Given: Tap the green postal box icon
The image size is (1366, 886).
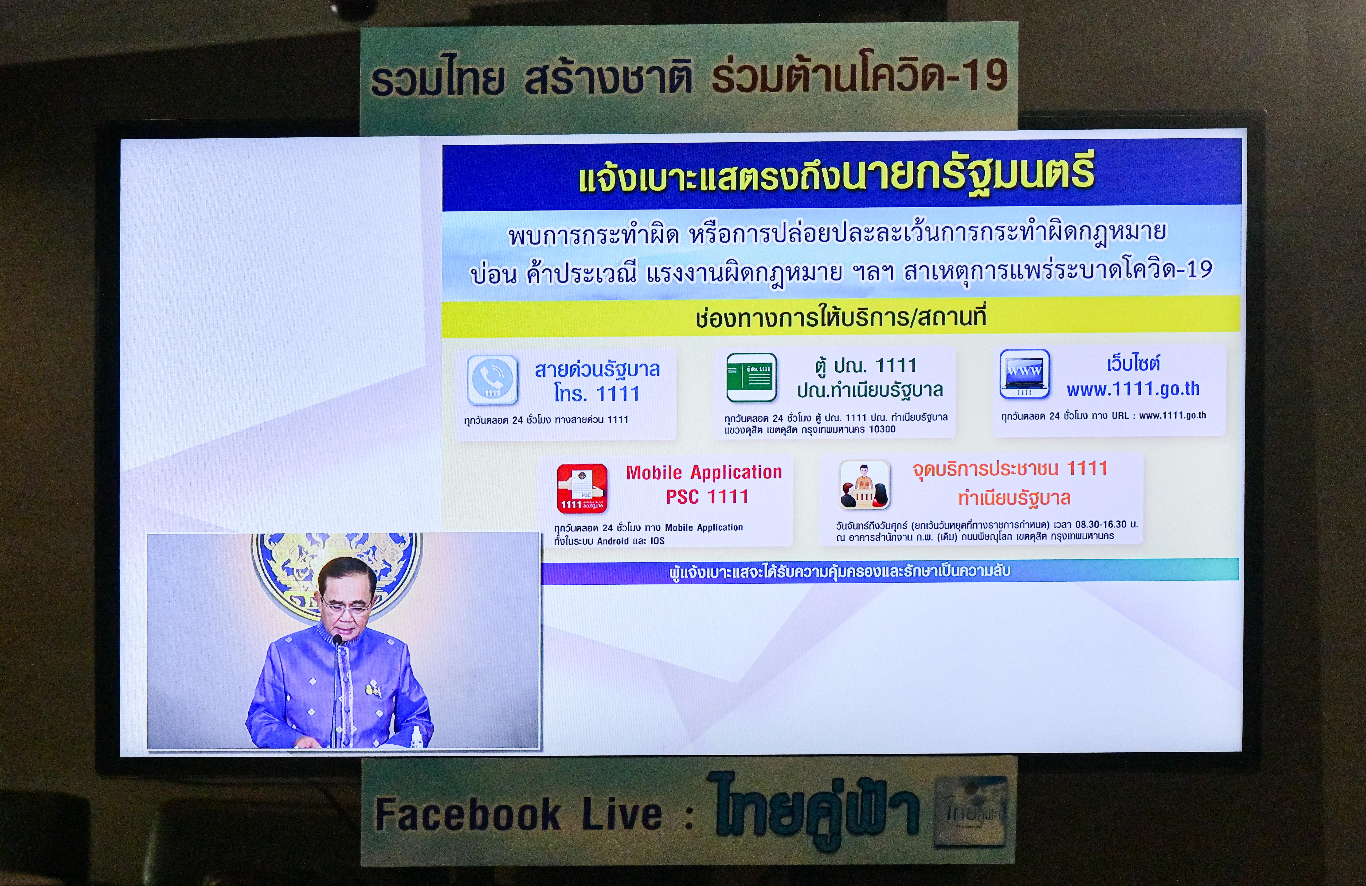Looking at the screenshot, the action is (x=751, y=377).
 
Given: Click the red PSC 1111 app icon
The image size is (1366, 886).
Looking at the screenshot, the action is (x=582, y=488).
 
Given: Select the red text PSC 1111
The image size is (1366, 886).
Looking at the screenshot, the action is (x=707, y=496).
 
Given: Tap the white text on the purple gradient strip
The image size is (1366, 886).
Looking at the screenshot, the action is (x=840, y=571).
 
